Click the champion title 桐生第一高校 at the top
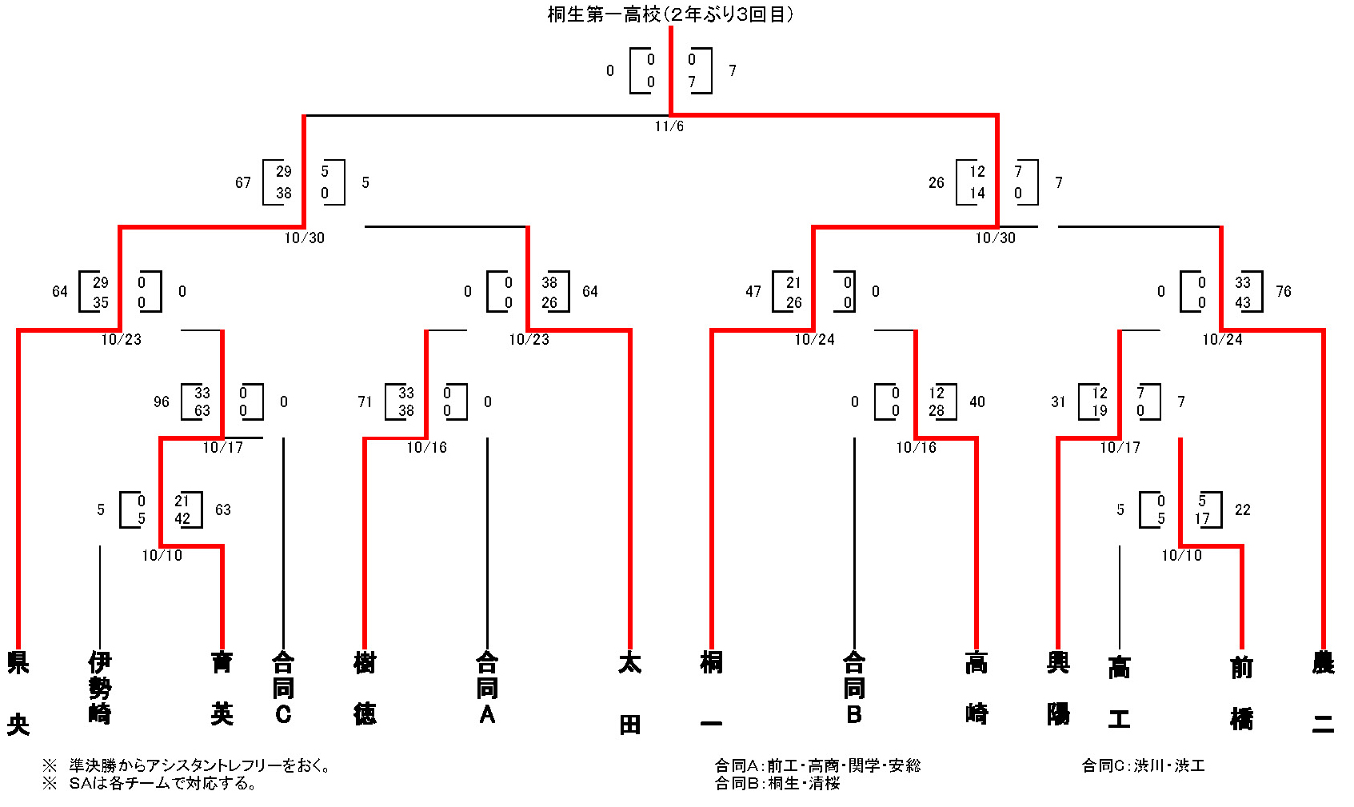point(669,14)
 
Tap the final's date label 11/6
point(669,126)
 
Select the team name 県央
point(18,693)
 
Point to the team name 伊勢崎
point(99,688)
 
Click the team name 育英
point(222,688)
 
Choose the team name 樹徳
point(365,688)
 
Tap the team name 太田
point(629,693)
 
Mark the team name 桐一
point(711,693)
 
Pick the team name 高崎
point(977,688)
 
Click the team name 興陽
point(1058,688)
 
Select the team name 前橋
point(1241,693)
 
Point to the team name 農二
point(1323,693)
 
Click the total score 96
point(162,402)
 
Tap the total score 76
point(1284,292)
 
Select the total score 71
point(365,402)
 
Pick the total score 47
point(753,292)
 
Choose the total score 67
point(243,183)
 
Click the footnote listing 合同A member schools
point(817,766)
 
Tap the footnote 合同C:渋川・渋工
point(1143,766)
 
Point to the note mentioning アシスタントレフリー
point(188,766)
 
